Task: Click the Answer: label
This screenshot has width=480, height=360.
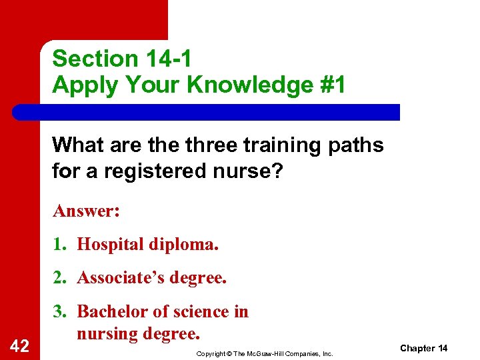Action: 86,211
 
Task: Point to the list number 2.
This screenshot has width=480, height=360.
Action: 59,277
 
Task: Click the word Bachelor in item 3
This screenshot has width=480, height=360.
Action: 109,311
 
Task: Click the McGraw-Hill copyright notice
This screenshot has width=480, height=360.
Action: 265,353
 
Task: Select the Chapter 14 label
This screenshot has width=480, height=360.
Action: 424,349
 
